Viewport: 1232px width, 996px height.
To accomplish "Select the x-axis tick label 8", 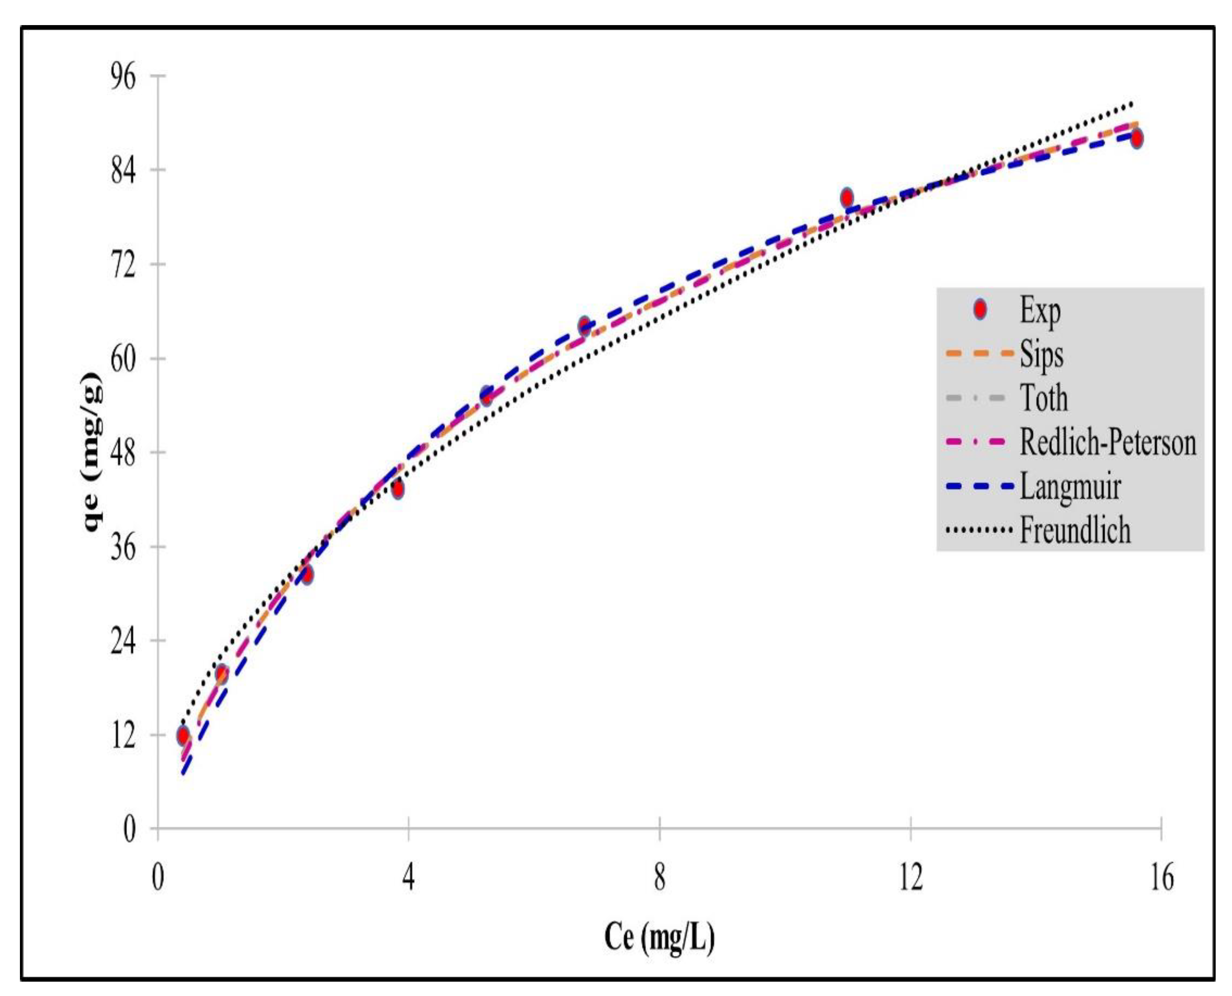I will tap(660, 879).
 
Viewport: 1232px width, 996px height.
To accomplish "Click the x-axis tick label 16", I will tap(1161, 879).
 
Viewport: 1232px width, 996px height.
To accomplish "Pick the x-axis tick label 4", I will tap(408, 879).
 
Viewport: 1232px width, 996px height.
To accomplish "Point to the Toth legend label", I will tap(1044, 398).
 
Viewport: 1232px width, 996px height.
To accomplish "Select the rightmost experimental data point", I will tap(1136, 138).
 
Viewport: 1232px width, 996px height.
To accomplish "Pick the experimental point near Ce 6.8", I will tap(584, 326).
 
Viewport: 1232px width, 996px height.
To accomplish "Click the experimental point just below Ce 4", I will tap(397, 489).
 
